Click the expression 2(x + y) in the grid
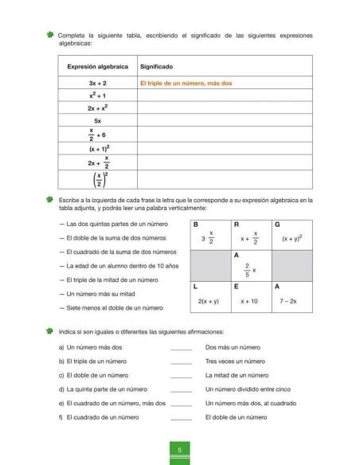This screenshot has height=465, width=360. pyautogui.click(x=209, y=302)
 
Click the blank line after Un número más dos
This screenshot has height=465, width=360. pyautogui.click(x=182, y=349)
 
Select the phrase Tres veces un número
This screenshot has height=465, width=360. pyautogui.click(x=235, y=361)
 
